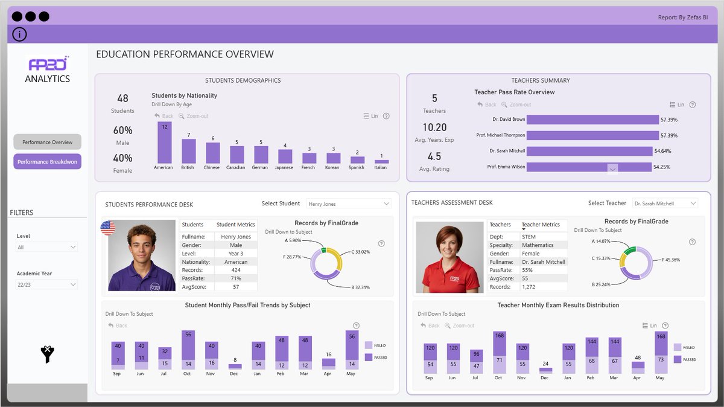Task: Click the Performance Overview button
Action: tap(47, 142)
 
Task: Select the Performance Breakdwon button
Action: tap(47, 162)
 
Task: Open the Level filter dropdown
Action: tap(47, 247)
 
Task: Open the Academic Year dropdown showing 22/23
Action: tap(47, 284)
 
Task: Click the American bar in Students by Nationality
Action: tap(164, 143)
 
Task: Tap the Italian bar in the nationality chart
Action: tap(381, 161)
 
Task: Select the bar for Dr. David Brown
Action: tap(592, 120)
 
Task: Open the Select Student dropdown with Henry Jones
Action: tap(349, 204)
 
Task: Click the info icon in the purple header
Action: tap(19, 34)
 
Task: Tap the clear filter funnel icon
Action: tap(48, 354)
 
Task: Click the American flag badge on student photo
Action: tap(108, 228)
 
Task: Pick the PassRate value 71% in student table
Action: tap(236, 279)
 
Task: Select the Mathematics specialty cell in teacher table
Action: tap(538, 245)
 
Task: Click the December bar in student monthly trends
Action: tap(235, 366)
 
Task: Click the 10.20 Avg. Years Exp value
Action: tap(434, 127)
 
